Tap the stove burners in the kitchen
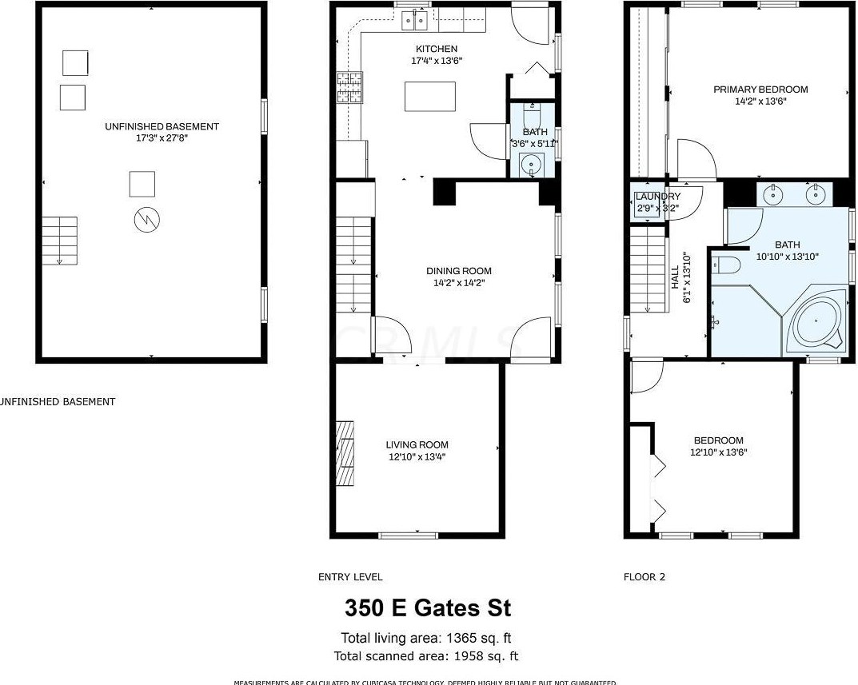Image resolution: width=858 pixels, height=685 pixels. pyautogui.click(x=349, y=88)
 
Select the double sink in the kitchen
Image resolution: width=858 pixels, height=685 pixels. pyautogui.click(x=414, y=20)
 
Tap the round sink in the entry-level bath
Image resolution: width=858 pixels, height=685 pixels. pyautogui.click(x=531, y=166)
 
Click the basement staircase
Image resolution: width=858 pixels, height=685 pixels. pyautogui.click(x=59, y=240)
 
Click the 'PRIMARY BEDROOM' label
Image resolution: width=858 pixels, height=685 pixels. pyautogui.click(x=760, y=90)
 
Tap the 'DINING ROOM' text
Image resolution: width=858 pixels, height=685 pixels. pyautogui.click(x=458, y=271)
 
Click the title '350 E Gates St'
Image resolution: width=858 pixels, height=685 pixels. pyautogui.click(x=428, y=608)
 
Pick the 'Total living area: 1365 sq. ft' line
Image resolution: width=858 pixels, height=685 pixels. pyautogui.click(x=426, y=638)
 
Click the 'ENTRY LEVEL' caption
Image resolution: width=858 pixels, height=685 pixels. pyautogui.click(x=350, y=576)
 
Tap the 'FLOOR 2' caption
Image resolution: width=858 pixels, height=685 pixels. pyautogui.click(x=644, y=576)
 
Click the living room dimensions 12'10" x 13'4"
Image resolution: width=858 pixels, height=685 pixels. pyautogui.click(x=416, y=457)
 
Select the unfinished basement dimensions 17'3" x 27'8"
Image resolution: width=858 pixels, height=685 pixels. pyautogui.click(x=162, y=137)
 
